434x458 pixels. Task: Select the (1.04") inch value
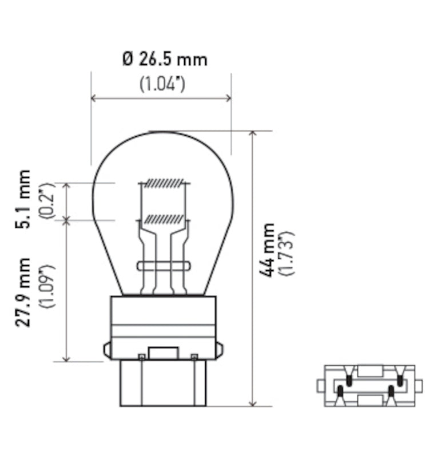click(x=163, y=84)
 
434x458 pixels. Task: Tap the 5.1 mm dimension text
click(x=23, y=199)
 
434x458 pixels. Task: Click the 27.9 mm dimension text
click(x=23, y=292)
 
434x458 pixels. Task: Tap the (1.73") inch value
click(x=288, y=252)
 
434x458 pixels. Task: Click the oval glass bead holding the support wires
click(x=164, y=266)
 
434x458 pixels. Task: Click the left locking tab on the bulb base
click(x=107, y=349)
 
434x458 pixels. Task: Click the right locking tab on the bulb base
click(x=220, y=349)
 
